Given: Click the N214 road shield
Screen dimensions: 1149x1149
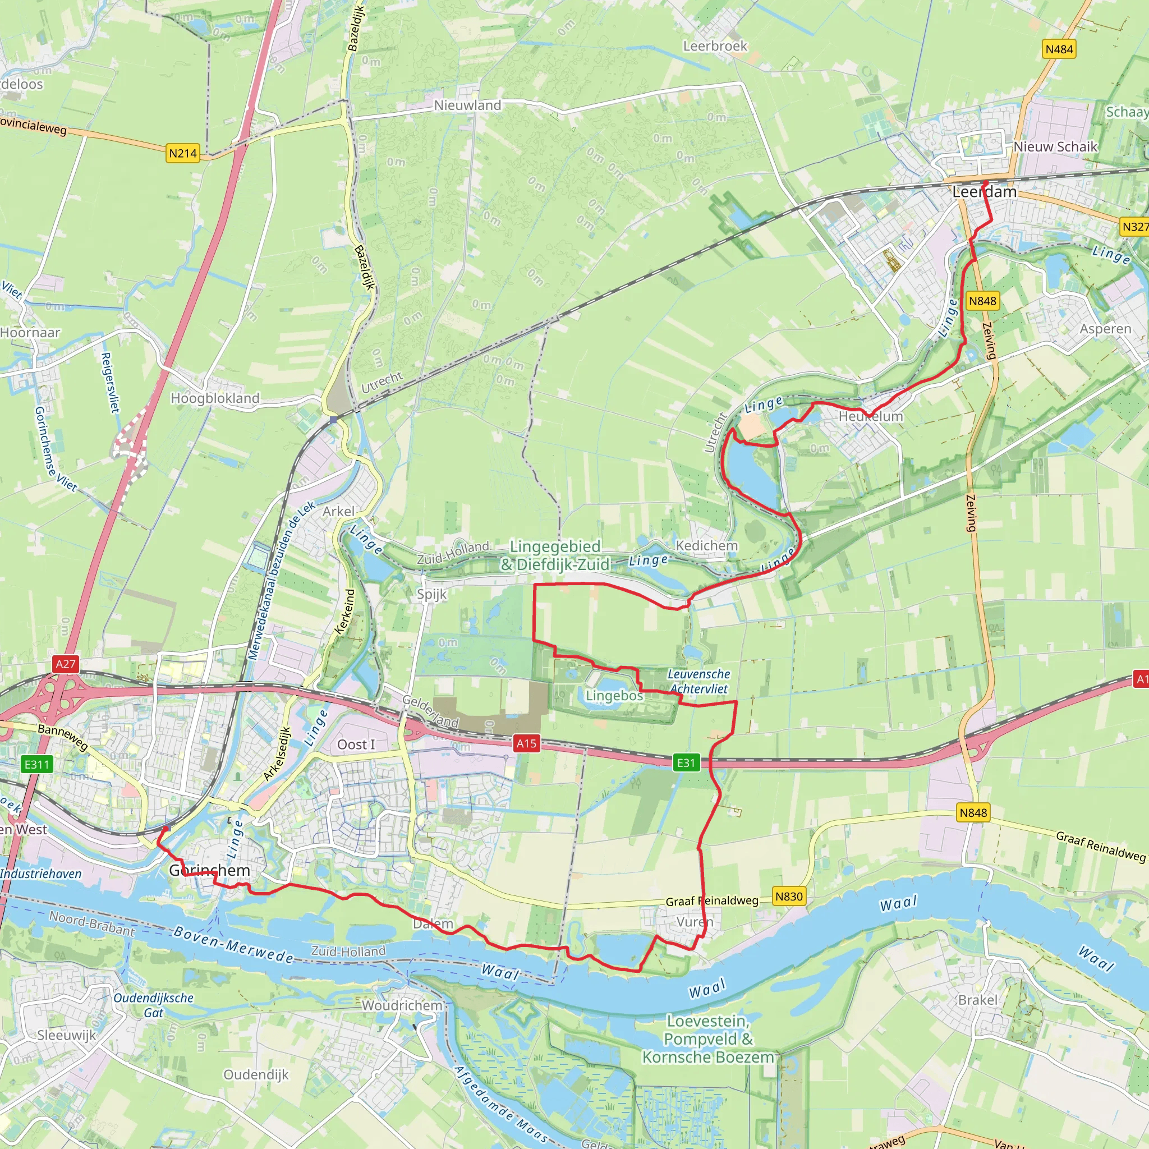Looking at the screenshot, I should coord(182,153).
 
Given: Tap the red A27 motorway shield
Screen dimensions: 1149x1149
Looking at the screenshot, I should coord(66,664).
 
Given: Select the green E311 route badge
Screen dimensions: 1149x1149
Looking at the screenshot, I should coord(37,764).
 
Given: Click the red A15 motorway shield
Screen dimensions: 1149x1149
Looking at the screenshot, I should coord(526,743).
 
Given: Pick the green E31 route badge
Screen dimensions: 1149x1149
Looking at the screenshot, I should coord(686,763).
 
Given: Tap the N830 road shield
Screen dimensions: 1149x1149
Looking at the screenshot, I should coord(789,896).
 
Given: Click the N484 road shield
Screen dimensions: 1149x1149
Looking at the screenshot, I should coord(1059,49).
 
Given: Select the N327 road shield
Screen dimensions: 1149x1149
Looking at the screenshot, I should coord(1134,227).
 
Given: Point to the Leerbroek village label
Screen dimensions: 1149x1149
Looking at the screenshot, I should coord(715,47).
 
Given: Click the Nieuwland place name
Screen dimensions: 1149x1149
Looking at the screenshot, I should coord(467,105).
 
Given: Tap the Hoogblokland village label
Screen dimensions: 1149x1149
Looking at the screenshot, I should coord(215,398).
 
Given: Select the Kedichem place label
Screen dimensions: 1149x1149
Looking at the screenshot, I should coord(706,546).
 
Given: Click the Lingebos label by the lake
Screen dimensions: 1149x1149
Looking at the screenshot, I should coord(614,696).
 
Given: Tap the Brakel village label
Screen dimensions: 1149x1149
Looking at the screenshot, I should coord(977,1000).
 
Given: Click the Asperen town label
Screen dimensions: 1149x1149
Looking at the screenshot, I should coord(1106,329).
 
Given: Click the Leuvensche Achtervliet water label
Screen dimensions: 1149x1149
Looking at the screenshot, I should coord(699,682).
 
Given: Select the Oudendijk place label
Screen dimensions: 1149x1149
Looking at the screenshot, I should coord(256,1074).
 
